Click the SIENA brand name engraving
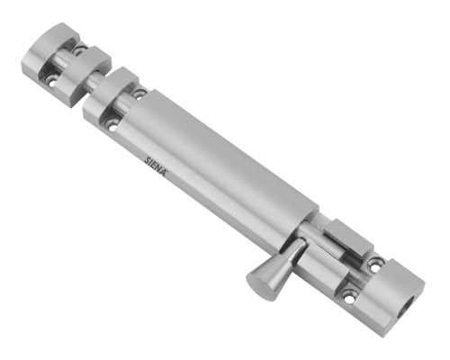coord(157,166)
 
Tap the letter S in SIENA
coord(147,158)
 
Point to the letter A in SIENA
coord(166,172)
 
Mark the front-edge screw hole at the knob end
coord(349,295)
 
